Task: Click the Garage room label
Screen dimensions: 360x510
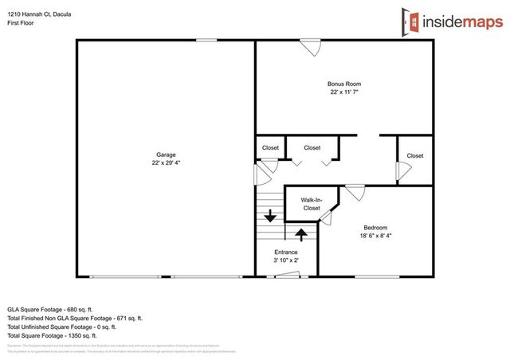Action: click(x=166, y=155)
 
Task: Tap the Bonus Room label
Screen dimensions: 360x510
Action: click(x=344, y=83)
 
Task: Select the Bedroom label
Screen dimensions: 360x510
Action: click(x=375, y=226)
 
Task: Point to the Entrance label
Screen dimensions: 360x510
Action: click(x=286, y=252)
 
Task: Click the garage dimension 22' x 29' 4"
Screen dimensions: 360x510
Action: click(x=166, y=163)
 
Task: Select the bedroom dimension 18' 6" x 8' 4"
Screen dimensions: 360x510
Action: click(x=375, y=235)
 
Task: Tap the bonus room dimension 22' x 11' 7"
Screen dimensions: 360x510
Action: click(x=344, y=92)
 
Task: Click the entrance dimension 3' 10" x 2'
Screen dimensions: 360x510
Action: click(x=286, y=260)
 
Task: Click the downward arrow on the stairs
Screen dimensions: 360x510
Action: click(x=270, y=214)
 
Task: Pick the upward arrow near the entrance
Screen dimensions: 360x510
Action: click(x=301, y=234)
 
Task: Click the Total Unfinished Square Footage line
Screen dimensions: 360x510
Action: click(x=62, y=327)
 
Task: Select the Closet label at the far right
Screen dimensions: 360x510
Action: click(x=414, y=155)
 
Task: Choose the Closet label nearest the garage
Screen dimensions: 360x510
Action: click(x=270, y=147)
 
